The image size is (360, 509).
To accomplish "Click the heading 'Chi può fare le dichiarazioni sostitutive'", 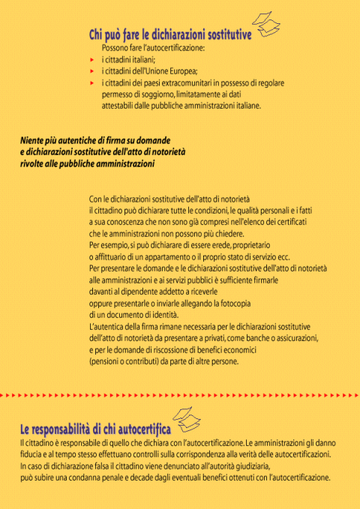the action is [169, 34].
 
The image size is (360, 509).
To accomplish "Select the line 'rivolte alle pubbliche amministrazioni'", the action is [87, 163].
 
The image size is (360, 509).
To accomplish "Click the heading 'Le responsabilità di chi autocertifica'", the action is [95, 430].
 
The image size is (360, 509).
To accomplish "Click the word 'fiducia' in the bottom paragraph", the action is [32, 454].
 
